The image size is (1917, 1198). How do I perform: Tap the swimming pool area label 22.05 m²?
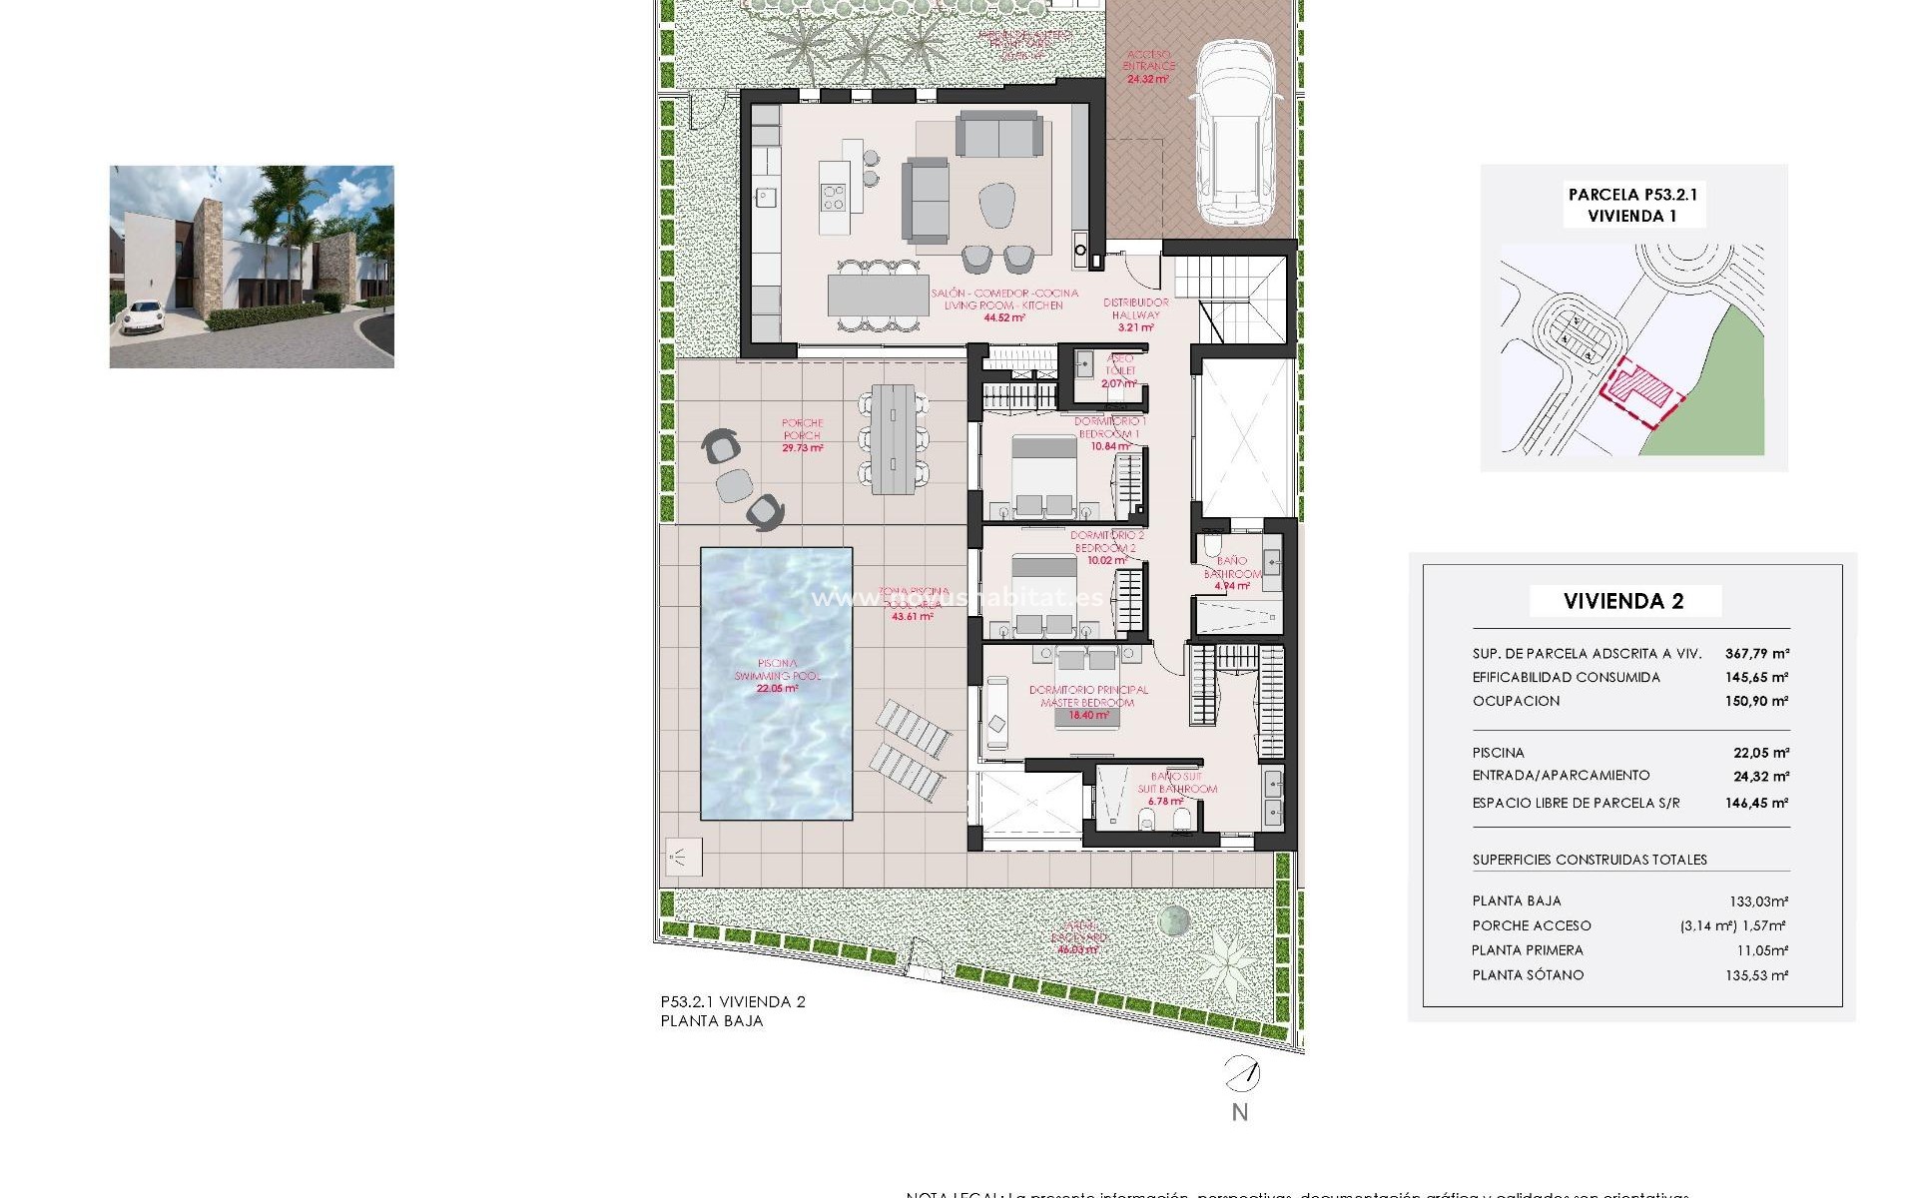[x=777, y=688]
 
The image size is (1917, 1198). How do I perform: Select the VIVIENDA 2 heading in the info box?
[x=1623, y=601]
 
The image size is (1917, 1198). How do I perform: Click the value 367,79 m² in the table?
[x=1756, y=654]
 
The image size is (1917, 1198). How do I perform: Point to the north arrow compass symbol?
[x=1241, y=1075]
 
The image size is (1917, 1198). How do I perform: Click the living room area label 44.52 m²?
[x=1003, y=317]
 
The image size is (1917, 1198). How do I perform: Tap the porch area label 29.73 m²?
[x=802, y=448]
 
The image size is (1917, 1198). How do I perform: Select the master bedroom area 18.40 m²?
[x=1088, y=715]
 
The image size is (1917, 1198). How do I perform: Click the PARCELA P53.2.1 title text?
[x=1632, y=196]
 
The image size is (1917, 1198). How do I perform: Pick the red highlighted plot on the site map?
[x=1642, y=389]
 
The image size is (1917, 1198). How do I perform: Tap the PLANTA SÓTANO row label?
[x=1528, y=975]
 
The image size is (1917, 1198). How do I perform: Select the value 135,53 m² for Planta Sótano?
[x=1756, y=975]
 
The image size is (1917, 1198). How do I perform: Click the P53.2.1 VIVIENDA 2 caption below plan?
[x=732, y=1001]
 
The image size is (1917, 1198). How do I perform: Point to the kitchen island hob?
[x=833, y=198]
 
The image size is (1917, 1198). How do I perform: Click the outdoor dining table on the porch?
[x=893, y=438]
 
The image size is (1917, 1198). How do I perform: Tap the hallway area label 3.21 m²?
[x=1135, y=327]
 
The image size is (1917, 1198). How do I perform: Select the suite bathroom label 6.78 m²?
[x=1165, y=802]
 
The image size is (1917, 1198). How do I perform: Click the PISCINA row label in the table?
[x=1498, y=753]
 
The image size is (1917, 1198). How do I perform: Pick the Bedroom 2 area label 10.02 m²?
[x=1106, y=561]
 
